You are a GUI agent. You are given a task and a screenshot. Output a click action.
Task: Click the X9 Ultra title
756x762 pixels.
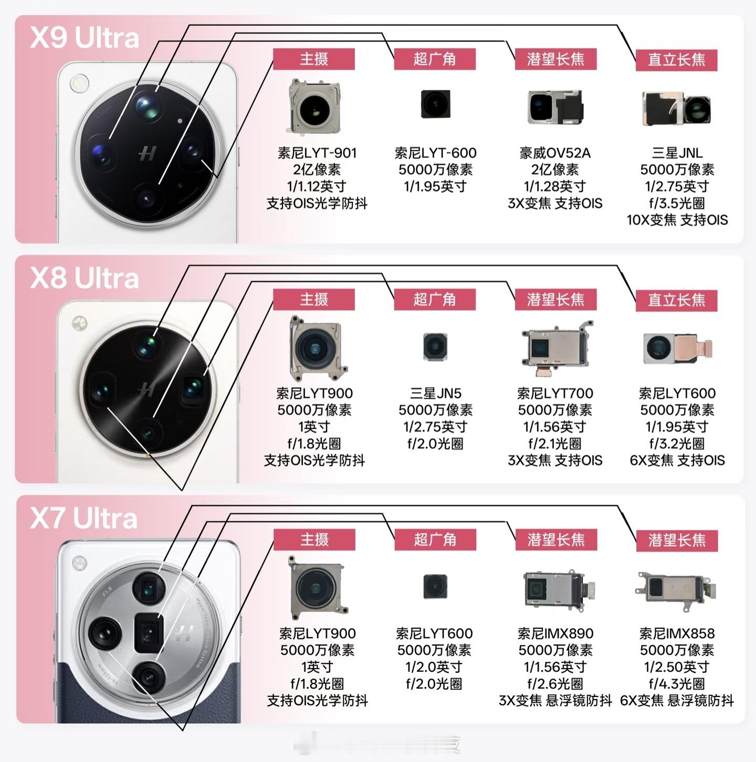(85, 38)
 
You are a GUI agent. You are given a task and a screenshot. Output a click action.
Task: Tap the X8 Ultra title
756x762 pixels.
(85, 278)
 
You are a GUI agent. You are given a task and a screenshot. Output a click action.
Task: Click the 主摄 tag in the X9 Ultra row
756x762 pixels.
(314, 59)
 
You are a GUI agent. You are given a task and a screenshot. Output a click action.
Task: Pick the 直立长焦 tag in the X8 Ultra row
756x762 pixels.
(676, 300)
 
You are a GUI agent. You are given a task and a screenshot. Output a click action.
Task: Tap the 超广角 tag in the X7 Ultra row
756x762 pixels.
(435, 539)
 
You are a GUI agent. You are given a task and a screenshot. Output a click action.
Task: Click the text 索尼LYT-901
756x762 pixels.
(317, 153)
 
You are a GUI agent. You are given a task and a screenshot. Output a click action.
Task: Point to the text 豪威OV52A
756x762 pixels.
(555, 153)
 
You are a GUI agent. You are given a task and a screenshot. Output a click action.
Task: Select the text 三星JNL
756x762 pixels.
(677, 153)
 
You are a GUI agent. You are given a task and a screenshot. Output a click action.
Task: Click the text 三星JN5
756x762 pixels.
(435, 393)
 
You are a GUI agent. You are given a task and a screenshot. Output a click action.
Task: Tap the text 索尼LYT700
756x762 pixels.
(555, 393)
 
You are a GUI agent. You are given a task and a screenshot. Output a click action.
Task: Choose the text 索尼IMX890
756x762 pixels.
(555, 633)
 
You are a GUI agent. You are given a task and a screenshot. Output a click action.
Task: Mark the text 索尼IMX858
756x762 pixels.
(677, 633)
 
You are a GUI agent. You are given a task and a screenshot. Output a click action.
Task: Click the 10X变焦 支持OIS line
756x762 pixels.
(677, 220)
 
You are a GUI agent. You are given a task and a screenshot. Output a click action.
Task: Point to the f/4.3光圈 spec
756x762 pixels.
(677, 683)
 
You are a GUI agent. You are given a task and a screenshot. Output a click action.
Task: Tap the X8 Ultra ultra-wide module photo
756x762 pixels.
(435, 346)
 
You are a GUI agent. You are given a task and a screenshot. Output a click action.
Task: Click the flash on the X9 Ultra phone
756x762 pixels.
(79, 82)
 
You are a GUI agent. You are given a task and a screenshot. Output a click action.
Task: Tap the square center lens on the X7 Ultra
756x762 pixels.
(149, 632)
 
